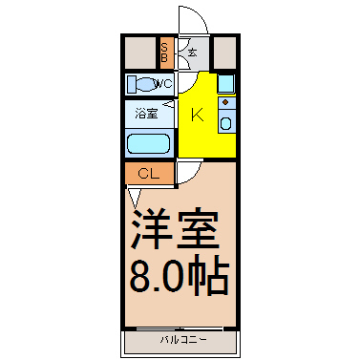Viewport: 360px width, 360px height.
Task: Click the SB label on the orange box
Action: point(164,53)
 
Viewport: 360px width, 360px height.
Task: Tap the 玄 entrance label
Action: point(192,53)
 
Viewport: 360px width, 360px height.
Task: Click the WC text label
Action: point(163,84)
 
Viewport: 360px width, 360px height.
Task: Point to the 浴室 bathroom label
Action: point(146,114)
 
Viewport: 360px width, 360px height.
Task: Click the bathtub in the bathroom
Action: point(148,143)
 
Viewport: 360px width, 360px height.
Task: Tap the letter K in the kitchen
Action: point(197,115)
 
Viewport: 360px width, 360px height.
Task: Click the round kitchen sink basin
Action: point(225,123)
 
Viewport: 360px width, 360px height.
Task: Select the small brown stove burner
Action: point(225,102)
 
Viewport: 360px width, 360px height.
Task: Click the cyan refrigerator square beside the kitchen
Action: point(226,83)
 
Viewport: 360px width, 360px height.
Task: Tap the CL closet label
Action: point(149,174)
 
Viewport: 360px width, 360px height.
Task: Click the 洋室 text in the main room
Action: point(175,228)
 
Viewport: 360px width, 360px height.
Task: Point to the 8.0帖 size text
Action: point(180,274)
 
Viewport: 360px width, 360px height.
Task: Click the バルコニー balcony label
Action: point(183,340)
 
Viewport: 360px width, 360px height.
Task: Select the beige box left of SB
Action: point(140,53)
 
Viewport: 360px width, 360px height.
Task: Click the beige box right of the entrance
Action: point(224,53)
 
